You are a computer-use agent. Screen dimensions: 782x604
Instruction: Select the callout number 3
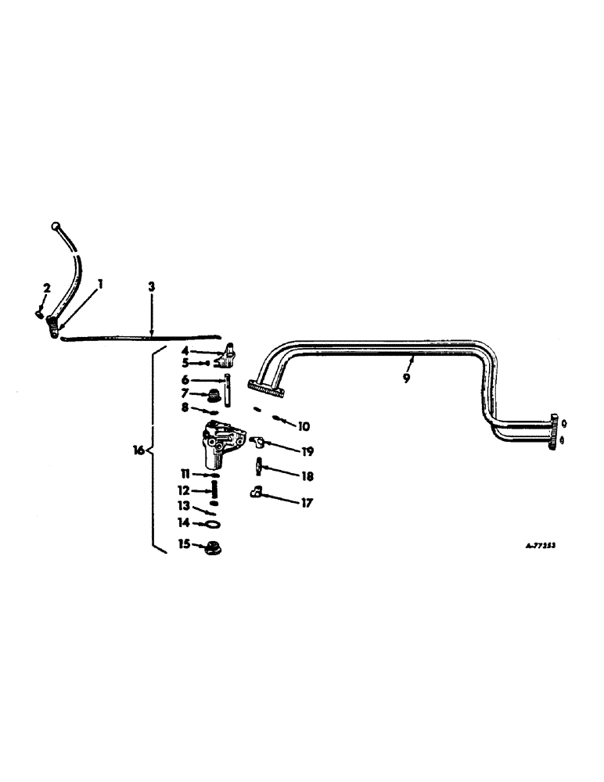[x=152, y=287]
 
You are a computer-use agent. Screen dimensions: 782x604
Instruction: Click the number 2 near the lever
[x=46, y=289]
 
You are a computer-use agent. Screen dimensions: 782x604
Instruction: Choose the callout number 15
[x=185, y=544]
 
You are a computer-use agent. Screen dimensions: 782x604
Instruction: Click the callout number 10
[x=304, y=427]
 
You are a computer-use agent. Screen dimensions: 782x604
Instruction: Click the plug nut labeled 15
[x=210, y=547]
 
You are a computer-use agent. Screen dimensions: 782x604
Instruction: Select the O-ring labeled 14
[x=212, y=525]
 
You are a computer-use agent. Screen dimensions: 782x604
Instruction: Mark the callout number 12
[x=185, y=491]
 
